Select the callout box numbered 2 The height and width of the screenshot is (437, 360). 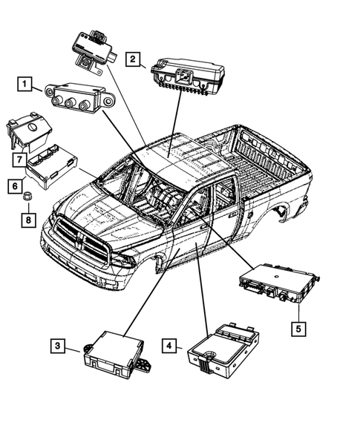[x=134, y=59]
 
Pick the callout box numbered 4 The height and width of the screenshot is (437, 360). [x=170, y=346]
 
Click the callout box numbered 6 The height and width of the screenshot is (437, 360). [x=14, y=185]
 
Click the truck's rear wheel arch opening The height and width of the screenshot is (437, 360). [x=284, y=211]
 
